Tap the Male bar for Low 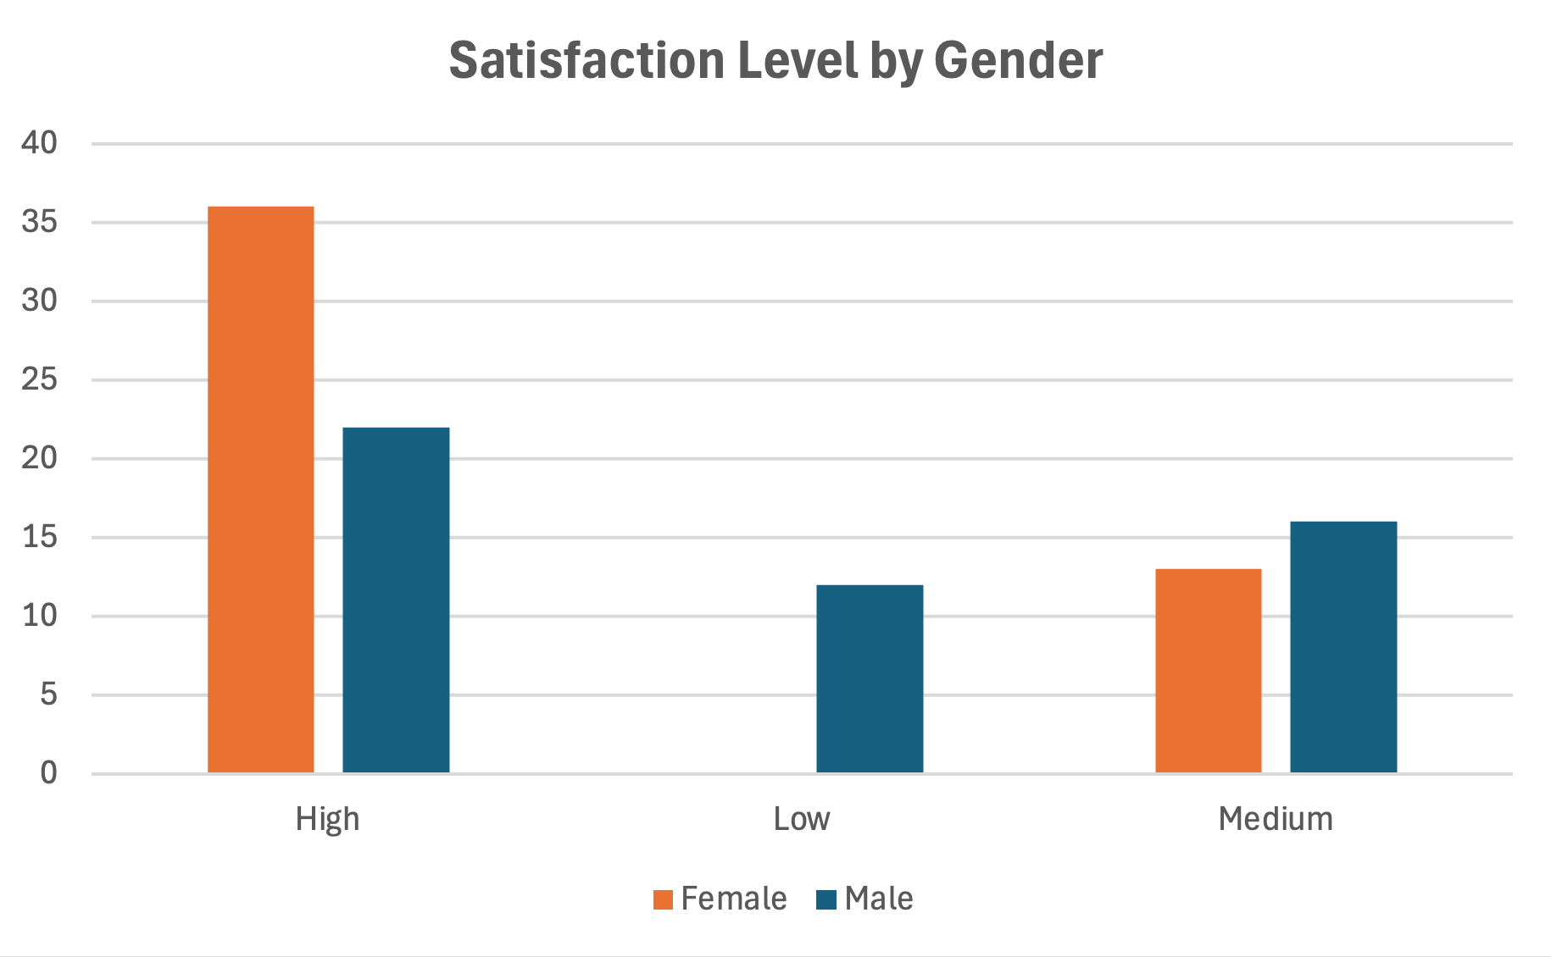(870, 678)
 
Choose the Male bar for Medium (1343, 647)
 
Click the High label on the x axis (327, 819)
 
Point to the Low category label (801, 819)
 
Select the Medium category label (1276, 819)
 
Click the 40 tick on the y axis (39, 143)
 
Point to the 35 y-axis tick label (39, 222)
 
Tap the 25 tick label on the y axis (39, 379)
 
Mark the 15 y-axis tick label (39, 537)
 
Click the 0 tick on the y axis (48, 772)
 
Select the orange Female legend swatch (663, 899)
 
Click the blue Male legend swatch (826, 899)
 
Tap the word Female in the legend (734, 899)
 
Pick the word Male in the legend (879, 899)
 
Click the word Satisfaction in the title (586, 61)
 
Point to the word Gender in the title (1018, 61)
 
